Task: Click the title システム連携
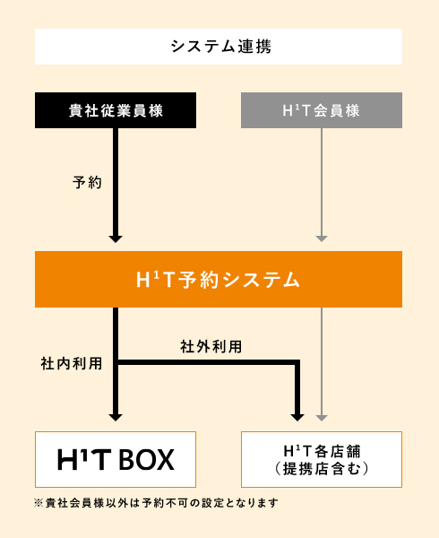pyautogui.click(x=221, y=47)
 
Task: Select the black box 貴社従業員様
pyautogui.click(x=116, y=110)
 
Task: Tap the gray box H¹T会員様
pyautogui.click(x=322, y=110)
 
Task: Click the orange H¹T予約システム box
pyautogui.click(x=219, y=279)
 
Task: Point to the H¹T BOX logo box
pyautogui.click(x=116, y=459)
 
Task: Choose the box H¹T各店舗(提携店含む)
pyautogui.click(x=322, y=459)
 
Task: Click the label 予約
pyautogui.click(x=88, y=182)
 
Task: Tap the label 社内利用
pyautogui.click(x=72, y=363)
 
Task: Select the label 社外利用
pyautogui.click(x=211, y=346)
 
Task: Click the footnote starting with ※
pyautogui.click(x=156, y=503)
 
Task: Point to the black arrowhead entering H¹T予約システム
pyautogui.click(x=116, y=239)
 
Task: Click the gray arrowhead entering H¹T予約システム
pyautogui.click(x=322, y=239)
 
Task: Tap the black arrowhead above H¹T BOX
pyautogui.click(x=116, y=418)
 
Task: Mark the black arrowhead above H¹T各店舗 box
pyautogui.click(x=297, y=418)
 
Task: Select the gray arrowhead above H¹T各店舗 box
pyautogui.click(x=322, y=418)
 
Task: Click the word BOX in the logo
pyautogui.click(x=146, y=460)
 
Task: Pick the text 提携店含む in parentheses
pyautogui.click(x=322, y=469)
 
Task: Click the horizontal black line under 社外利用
pyautogui.click(x=207, y=362)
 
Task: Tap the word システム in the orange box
pyautogui.click(x=261, y=280)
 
